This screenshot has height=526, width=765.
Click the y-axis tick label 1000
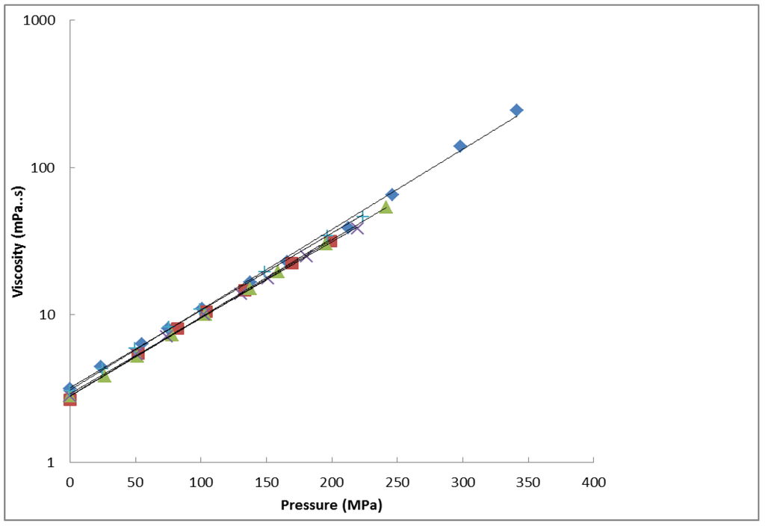pos(42,21)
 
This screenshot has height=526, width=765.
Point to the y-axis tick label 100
pos(46,168)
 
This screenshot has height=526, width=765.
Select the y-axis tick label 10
pos(50,315)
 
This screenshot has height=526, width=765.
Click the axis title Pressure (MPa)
pos(331,505)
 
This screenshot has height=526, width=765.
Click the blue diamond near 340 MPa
pos(516,111)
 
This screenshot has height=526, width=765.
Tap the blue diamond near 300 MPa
pos(460,146)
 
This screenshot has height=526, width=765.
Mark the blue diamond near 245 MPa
pos(391,194)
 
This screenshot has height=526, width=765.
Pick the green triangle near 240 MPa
pos(385,207)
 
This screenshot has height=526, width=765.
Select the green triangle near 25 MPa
pos(105,376)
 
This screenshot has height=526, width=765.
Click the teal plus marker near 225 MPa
pos(363,217)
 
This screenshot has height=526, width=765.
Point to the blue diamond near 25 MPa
pos(101,367)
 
